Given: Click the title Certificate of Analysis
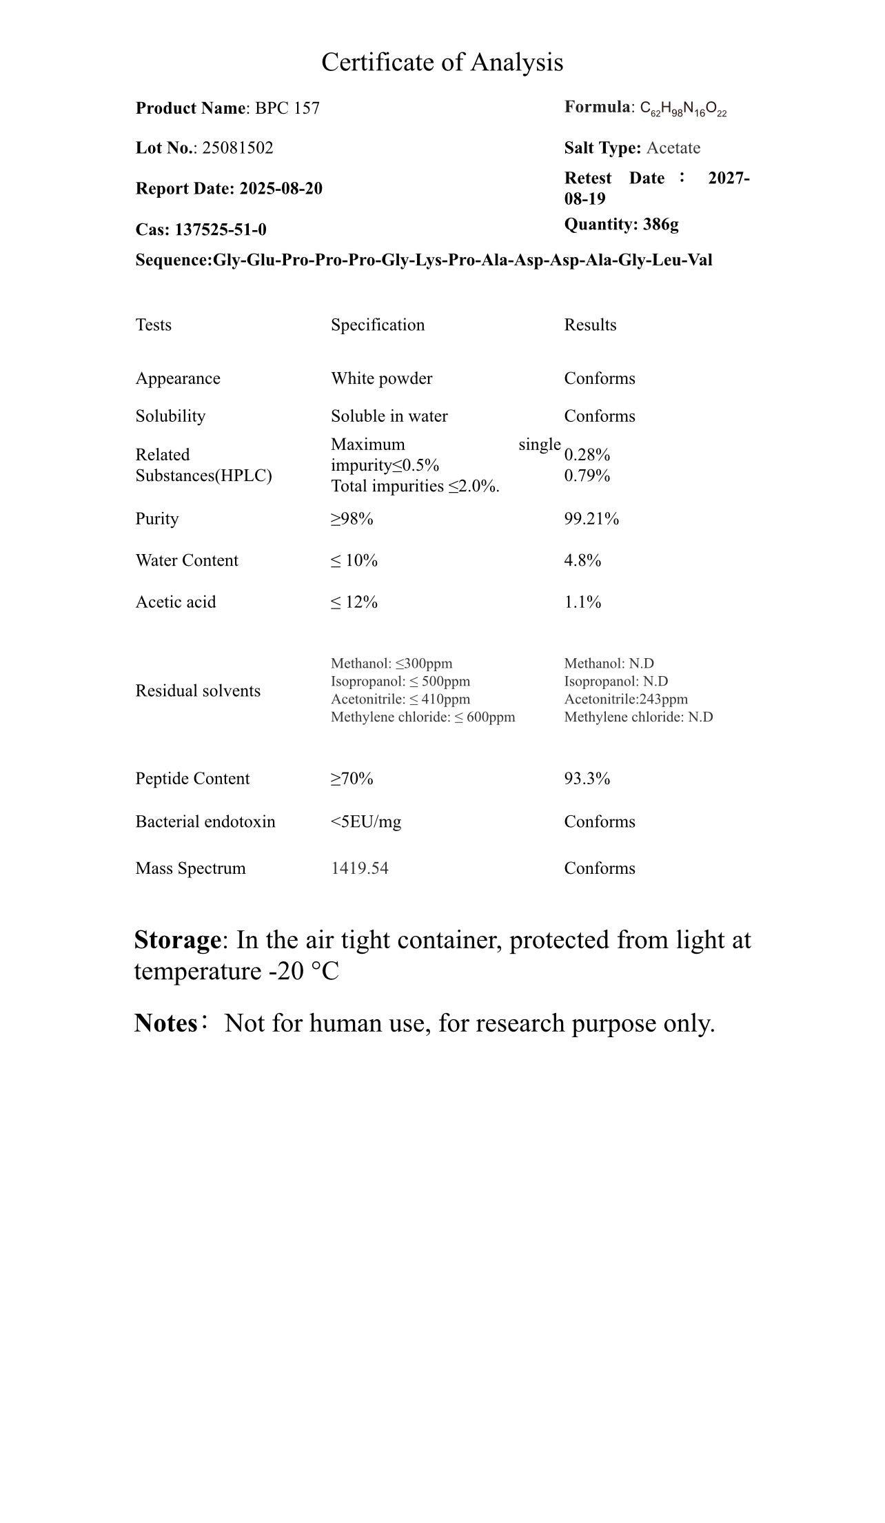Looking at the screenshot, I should pos(442,63).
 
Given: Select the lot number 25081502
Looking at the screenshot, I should pos(237,148).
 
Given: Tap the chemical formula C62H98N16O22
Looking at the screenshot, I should pos(683,109).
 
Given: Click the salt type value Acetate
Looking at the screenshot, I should pos(673,148).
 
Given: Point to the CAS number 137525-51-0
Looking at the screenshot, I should pos(221,229).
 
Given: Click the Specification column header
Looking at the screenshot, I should pos(378,325).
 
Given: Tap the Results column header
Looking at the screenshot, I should pos(590,325).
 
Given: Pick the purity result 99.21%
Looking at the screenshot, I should pos(591,519).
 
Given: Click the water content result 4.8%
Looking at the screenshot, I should pos(582,561).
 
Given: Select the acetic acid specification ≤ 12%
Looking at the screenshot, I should pos(354,602).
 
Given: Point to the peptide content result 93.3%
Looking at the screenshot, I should pos(587,779).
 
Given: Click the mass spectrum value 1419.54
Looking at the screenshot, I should pos(360,868).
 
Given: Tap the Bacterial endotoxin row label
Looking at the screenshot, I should pos(205,821).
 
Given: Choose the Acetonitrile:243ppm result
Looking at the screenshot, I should pos(626,699).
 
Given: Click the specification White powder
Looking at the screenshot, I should pos(382,378).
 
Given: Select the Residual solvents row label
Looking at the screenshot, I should pos(198,691).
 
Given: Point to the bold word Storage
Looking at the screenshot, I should pos(177,940).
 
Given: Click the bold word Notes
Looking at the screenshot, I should pos(165,1023).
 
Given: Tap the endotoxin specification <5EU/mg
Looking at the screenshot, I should pos(366,821).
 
